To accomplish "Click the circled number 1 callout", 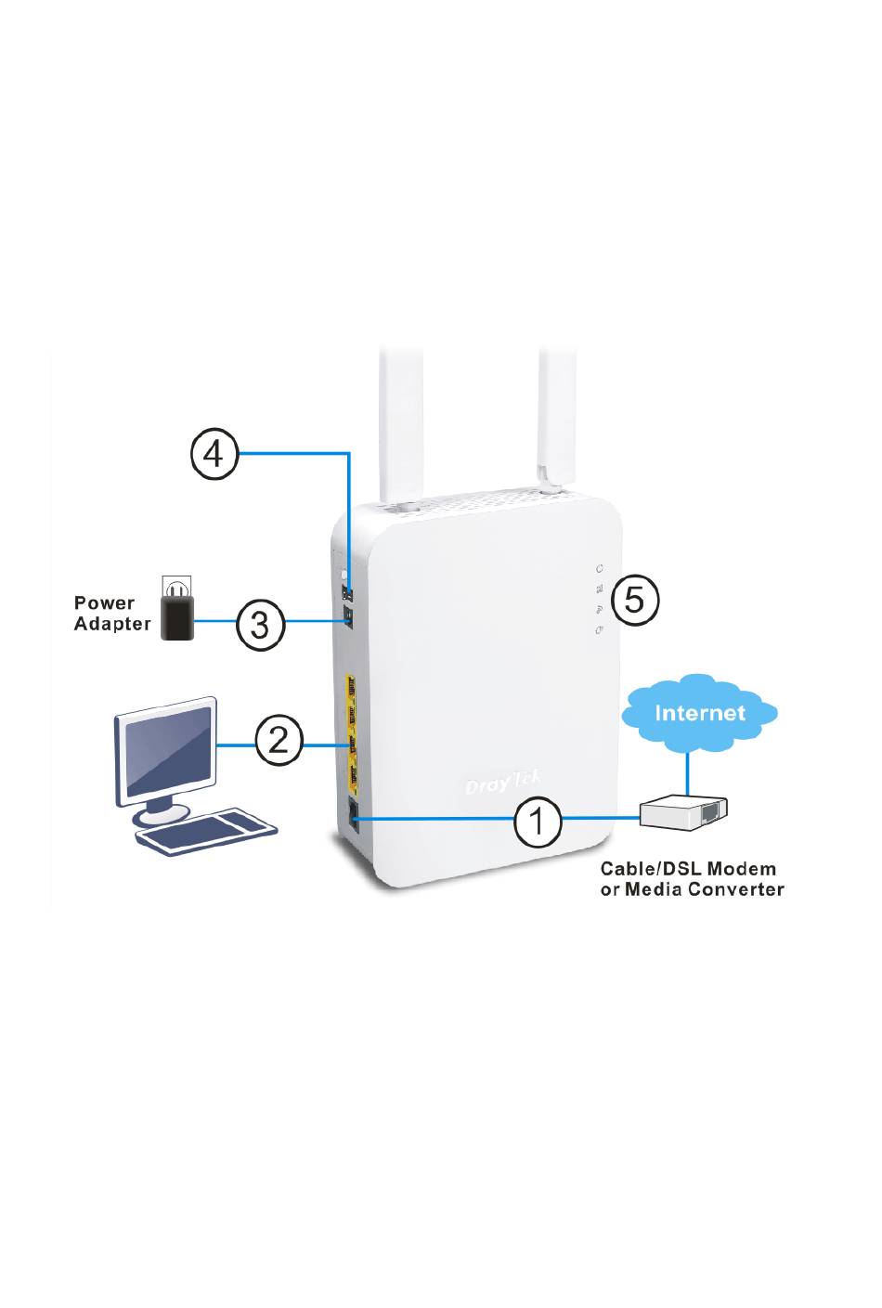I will tap(537, 821).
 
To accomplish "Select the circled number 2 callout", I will tap(279, 740).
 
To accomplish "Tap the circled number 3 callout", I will tap(260, 623).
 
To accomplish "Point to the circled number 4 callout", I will tap(214, 454).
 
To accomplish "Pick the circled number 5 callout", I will tap(634, 599).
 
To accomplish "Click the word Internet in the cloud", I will tap(700, 713).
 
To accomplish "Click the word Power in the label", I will tap(105, 603).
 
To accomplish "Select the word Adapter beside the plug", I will tap(112, 625).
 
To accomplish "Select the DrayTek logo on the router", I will tap(501, 784).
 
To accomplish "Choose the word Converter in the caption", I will tap(737, 890).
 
